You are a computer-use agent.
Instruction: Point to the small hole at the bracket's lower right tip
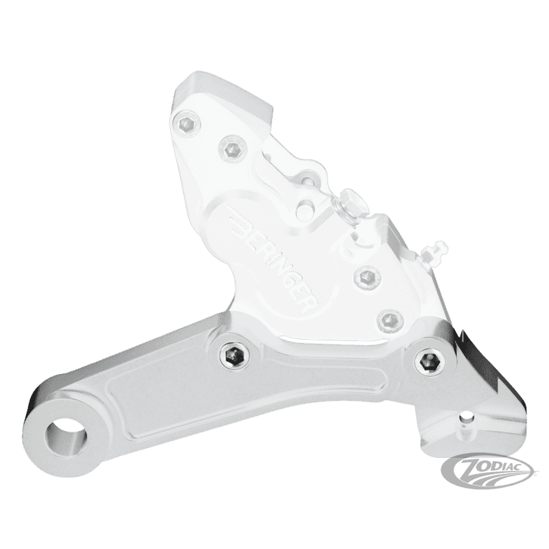pos(466,417)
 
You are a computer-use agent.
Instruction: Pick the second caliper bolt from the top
pos(232,148)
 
